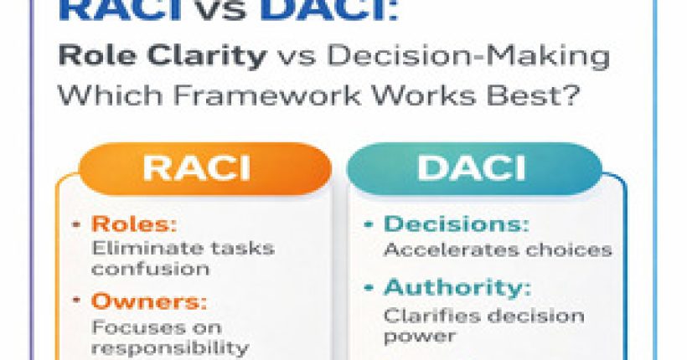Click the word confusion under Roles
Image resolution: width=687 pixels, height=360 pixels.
[150, 270]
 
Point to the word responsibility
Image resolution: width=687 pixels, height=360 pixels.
[170, 346]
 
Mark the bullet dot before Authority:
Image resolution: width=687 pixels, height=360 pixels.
[369, 287]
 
